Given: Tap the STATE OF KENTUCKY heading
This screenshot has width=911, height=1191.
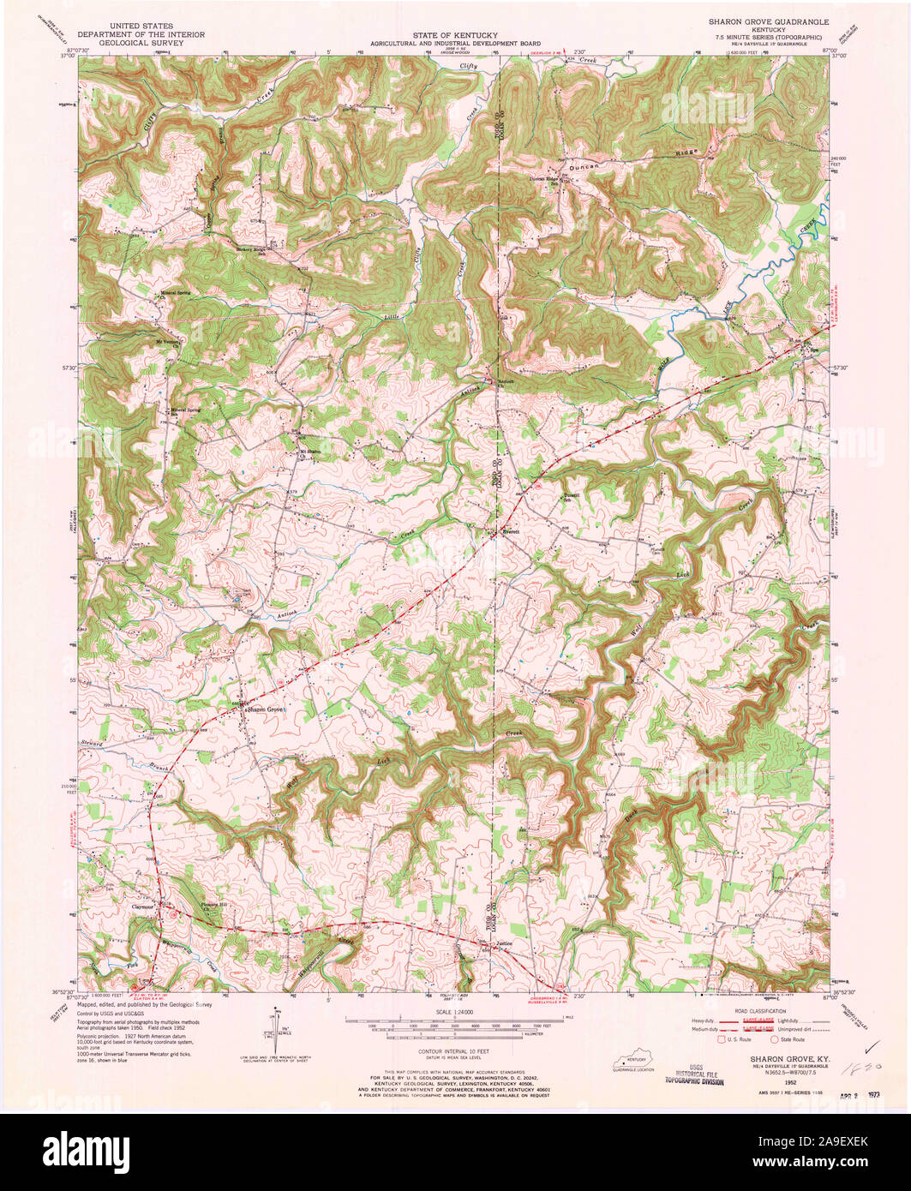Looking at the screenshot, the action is (x=455, y=33).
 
